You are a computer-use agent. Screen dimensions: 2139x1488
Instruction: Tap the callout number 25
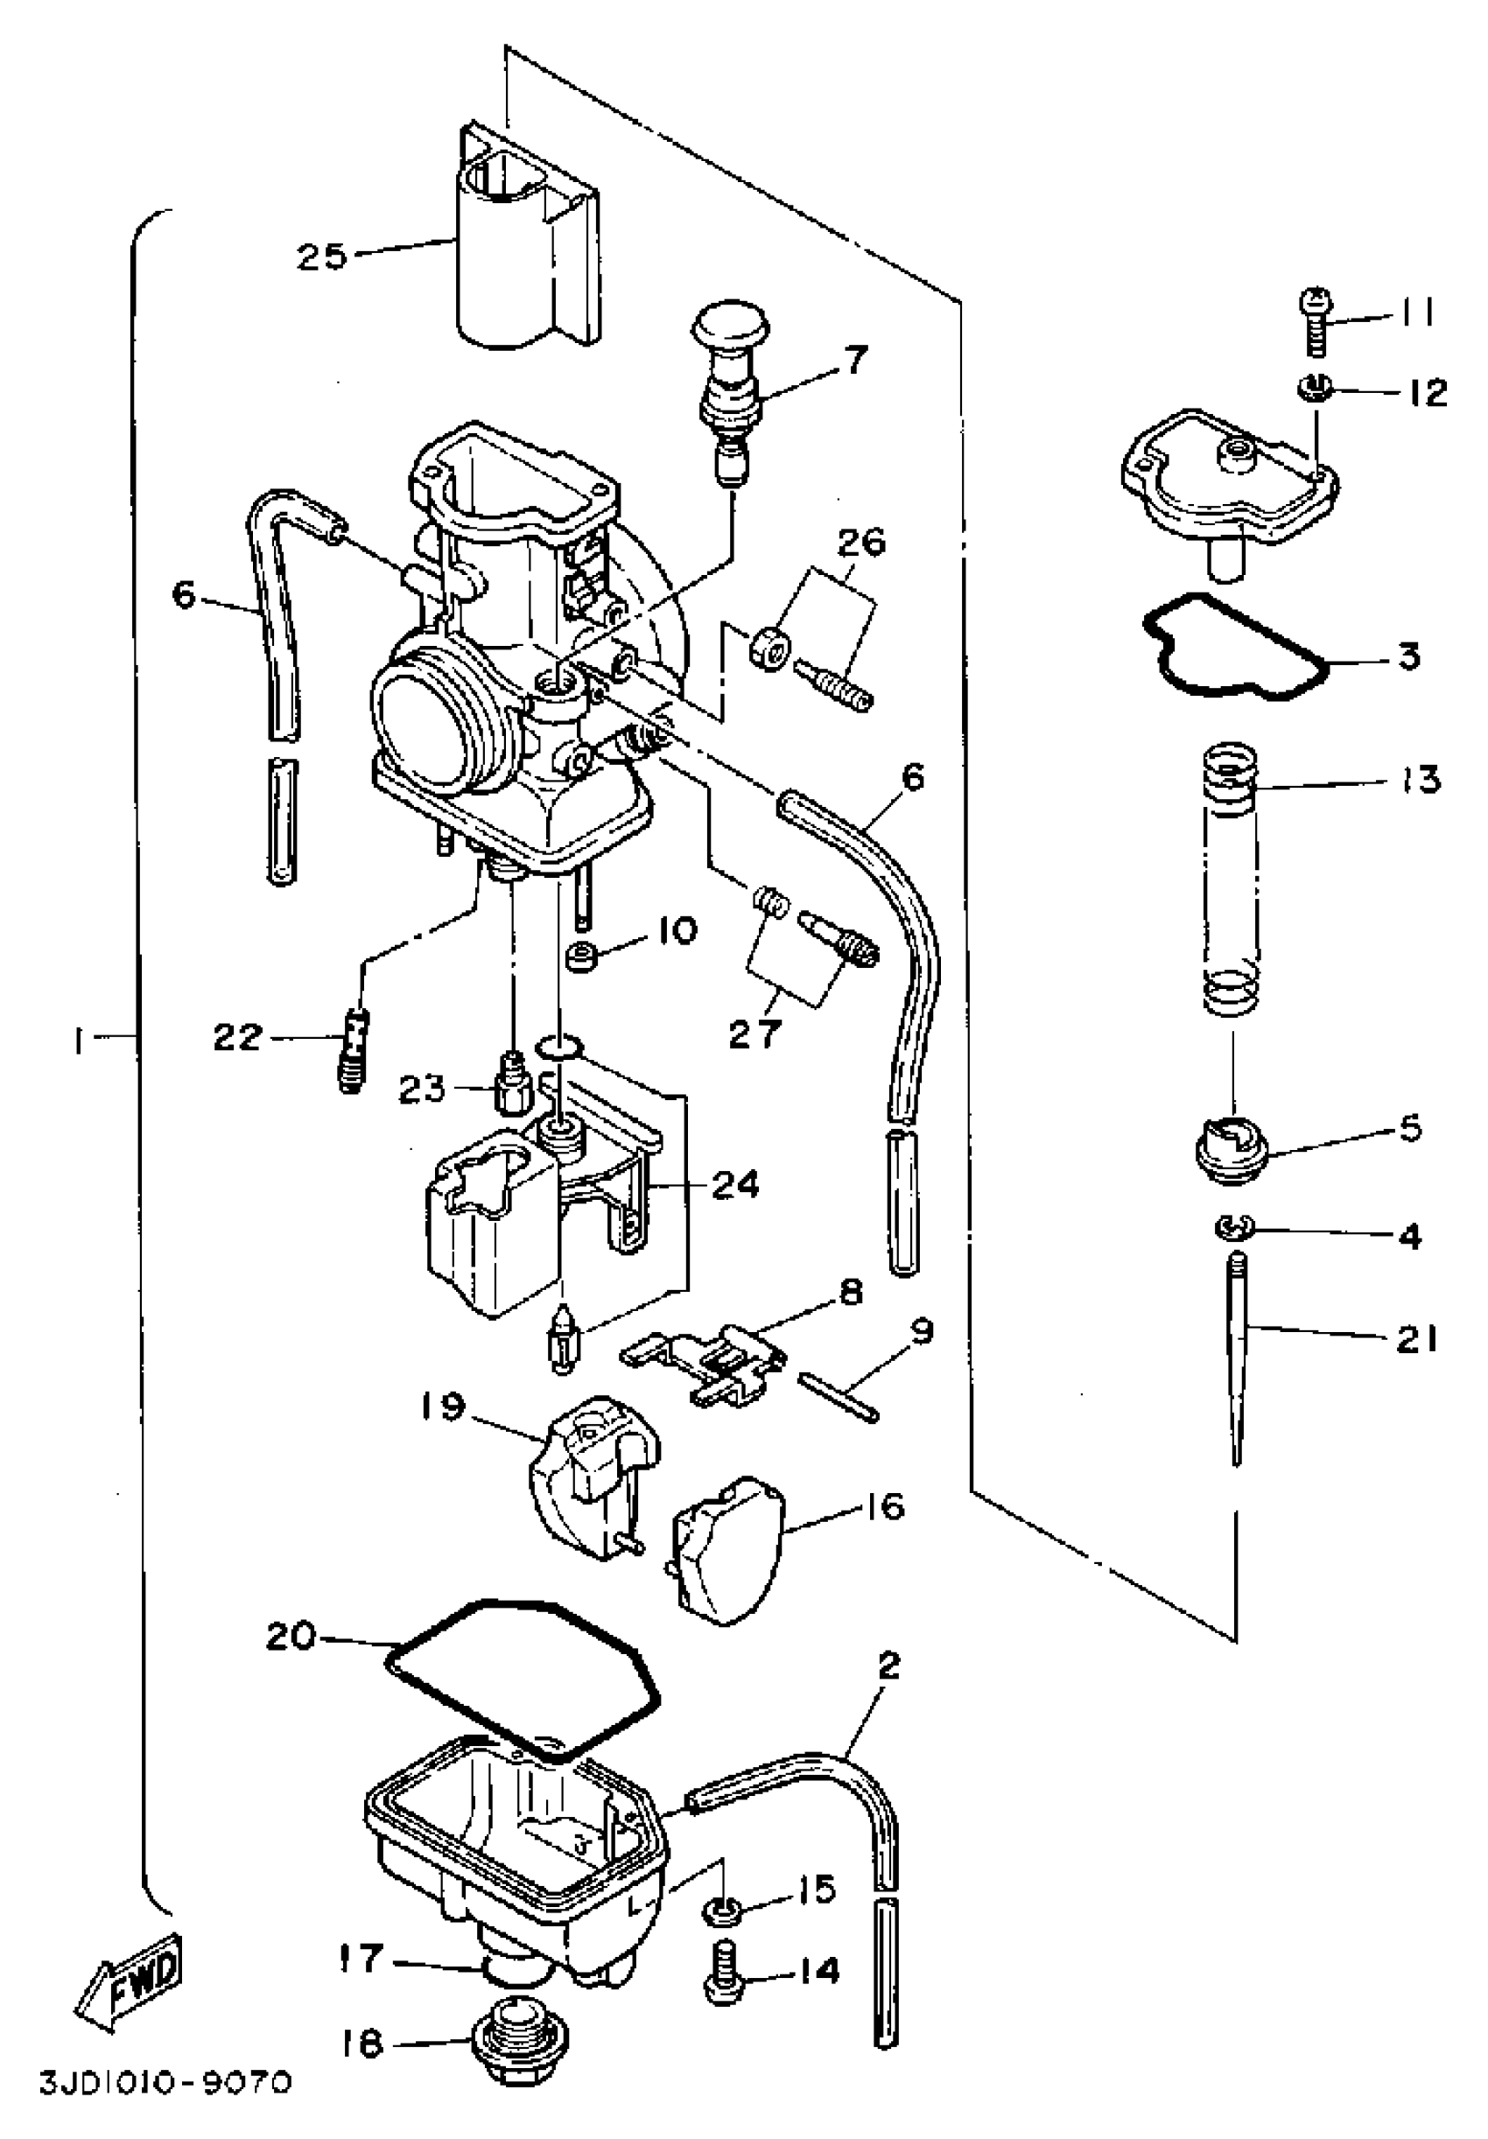[x=322, y=256]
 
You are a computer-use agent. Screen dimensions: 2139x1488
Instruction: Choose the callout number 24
[x=735, y=1185]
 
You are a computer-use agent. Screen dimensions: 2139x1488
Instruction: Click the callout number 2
[x=890, y=1665]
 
